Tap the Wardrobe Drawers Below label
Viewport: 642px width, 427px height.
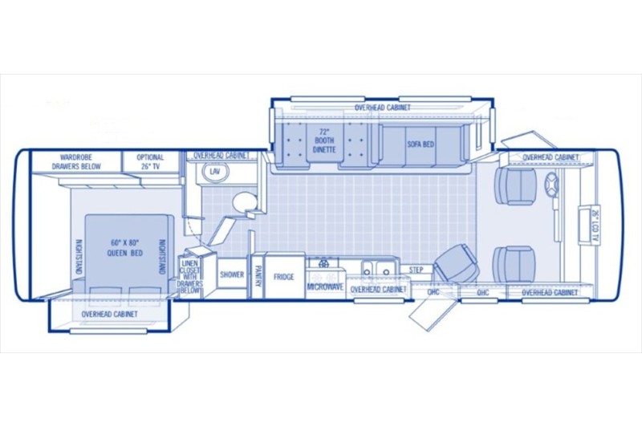pos(75,162)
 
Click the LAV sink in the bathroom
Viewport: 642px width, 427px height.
pos(214,173)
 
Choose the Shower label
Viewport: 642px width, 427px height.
pos(232,274)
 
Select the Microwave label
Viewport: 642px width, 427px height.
pos(325,286)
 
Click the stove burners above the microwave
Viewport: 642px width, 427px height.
pos(325,263)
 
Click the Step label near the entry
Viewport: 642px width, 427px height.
pos(416,270)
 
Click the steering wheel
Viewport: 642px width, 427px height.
pos(552,185)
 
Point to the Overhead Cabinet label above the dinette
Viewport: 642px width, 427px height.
pos(382,107)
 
